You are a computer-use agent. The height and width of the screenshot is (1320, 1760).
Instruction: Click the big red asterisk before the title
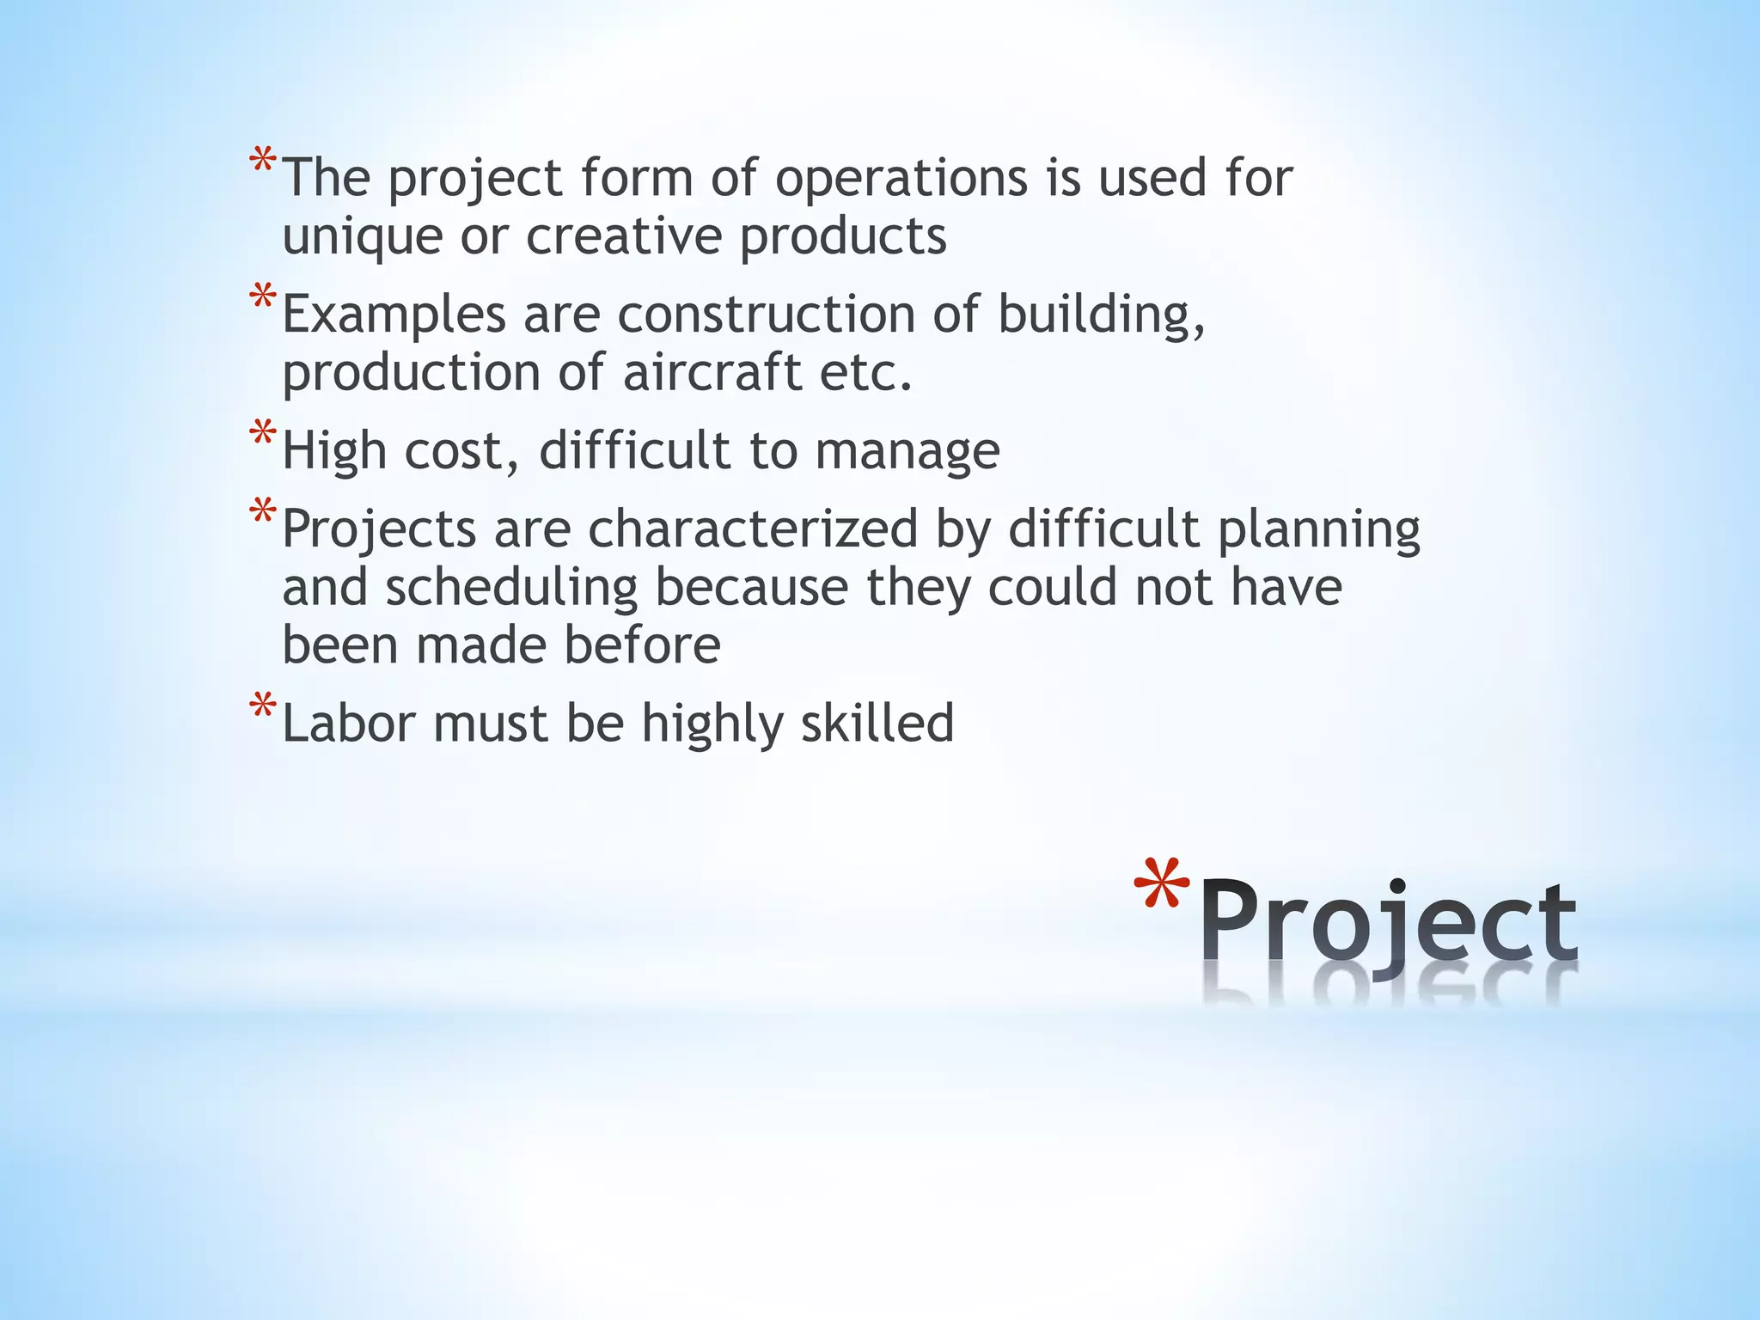click(x=1161, y=889)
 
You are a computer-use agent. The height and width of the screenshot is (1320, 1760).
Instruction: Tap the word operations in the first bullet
click(x=901, y=180)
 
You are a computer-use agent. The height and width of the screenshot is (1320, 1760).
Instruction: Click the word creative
click(x=624, y=236)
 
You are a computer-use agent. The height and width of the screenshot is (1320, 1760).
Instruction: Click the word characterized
click(x=753, y=529)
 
